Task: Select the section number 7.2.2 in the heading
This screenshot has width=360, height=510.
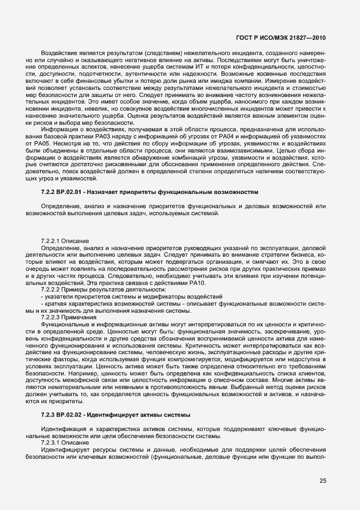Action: (x=48, y=192)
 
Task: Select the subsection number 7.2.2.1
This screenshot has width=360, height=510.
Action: (x=51, y=241)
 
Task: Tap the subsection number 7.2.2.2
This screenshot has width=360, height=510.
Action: (x=51, y=290)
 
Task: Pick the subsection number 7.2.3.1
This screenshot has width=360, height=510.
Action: (x=51, y=444)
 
